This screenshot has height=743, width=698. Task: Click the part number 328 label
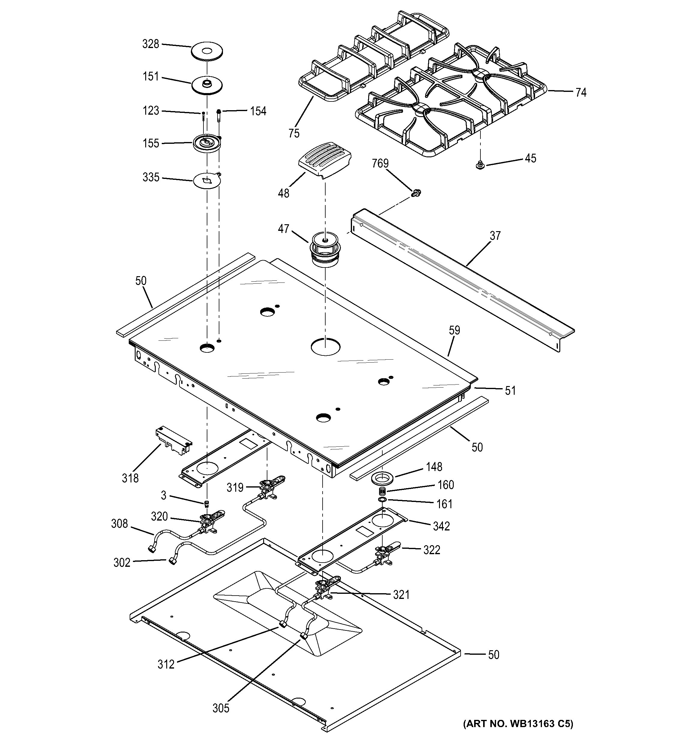pos(151,44)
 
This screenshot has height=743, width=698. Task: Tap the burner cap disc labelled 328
pos(207,51)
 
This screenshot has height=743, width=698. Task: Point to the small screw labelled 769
pos(415,193)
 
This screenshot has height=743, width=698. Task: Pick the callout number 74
pos(580,92)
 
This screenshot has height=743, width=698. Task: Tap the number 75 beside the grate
pos(294,133)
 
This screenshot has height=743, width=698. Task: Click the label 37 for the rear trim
pos(495,236)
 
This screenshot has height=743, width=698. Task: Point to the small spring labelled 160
pos(382,491)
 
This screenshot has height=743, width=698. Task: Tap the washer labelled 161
pos(382,500)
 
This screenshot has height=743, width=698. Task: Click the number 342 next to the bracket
pos(441,526)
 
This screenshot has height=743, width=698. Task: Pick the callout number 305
pos(221,708)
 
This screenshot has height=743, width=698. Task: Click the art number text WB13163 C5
pos(518,734)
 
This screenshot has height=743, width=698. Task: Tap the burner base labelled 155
pos(207,143)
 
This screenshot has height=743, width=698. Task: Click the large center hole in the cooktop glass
pos(326,346)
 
